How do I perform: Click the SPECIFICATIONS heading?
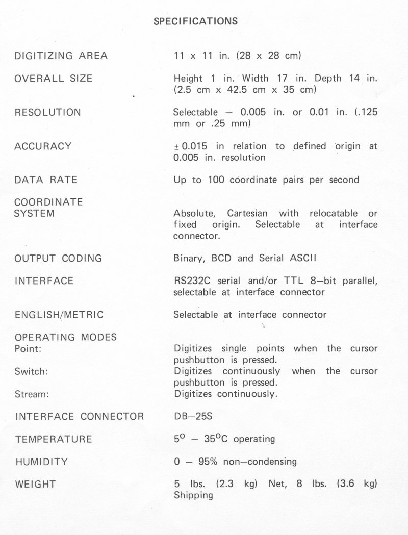click(x=195, y=21)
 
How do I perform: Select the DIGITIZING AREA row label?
click(x=61, y=56)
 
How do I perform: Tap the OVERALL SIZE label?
click(x=54, y=79)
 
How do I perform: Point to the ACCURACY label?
click(x=43, y=146)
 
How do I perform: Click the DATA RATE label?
click(x=46, y=180)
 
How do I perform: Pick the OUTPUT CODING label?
click(x=58, y=259)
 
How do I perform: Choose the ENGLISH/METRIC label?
click(x=59, y=315)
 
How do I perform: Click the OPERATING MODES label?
click(x=66, y=337)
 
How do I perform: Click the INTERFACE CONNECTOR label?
click(x=80, y=417)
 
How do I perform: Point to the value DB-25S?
click(x=193, y=417)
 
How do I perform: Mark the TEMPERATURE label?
click(x=54, y=439)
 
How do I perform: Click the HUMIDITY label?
click(x=41, y=462)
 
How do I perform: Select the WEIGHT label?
click(x=35, y=484)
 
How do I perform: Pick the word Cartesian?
click(x=249, y=213)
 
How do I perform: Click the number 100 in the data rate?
click(x=216, y=180)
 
